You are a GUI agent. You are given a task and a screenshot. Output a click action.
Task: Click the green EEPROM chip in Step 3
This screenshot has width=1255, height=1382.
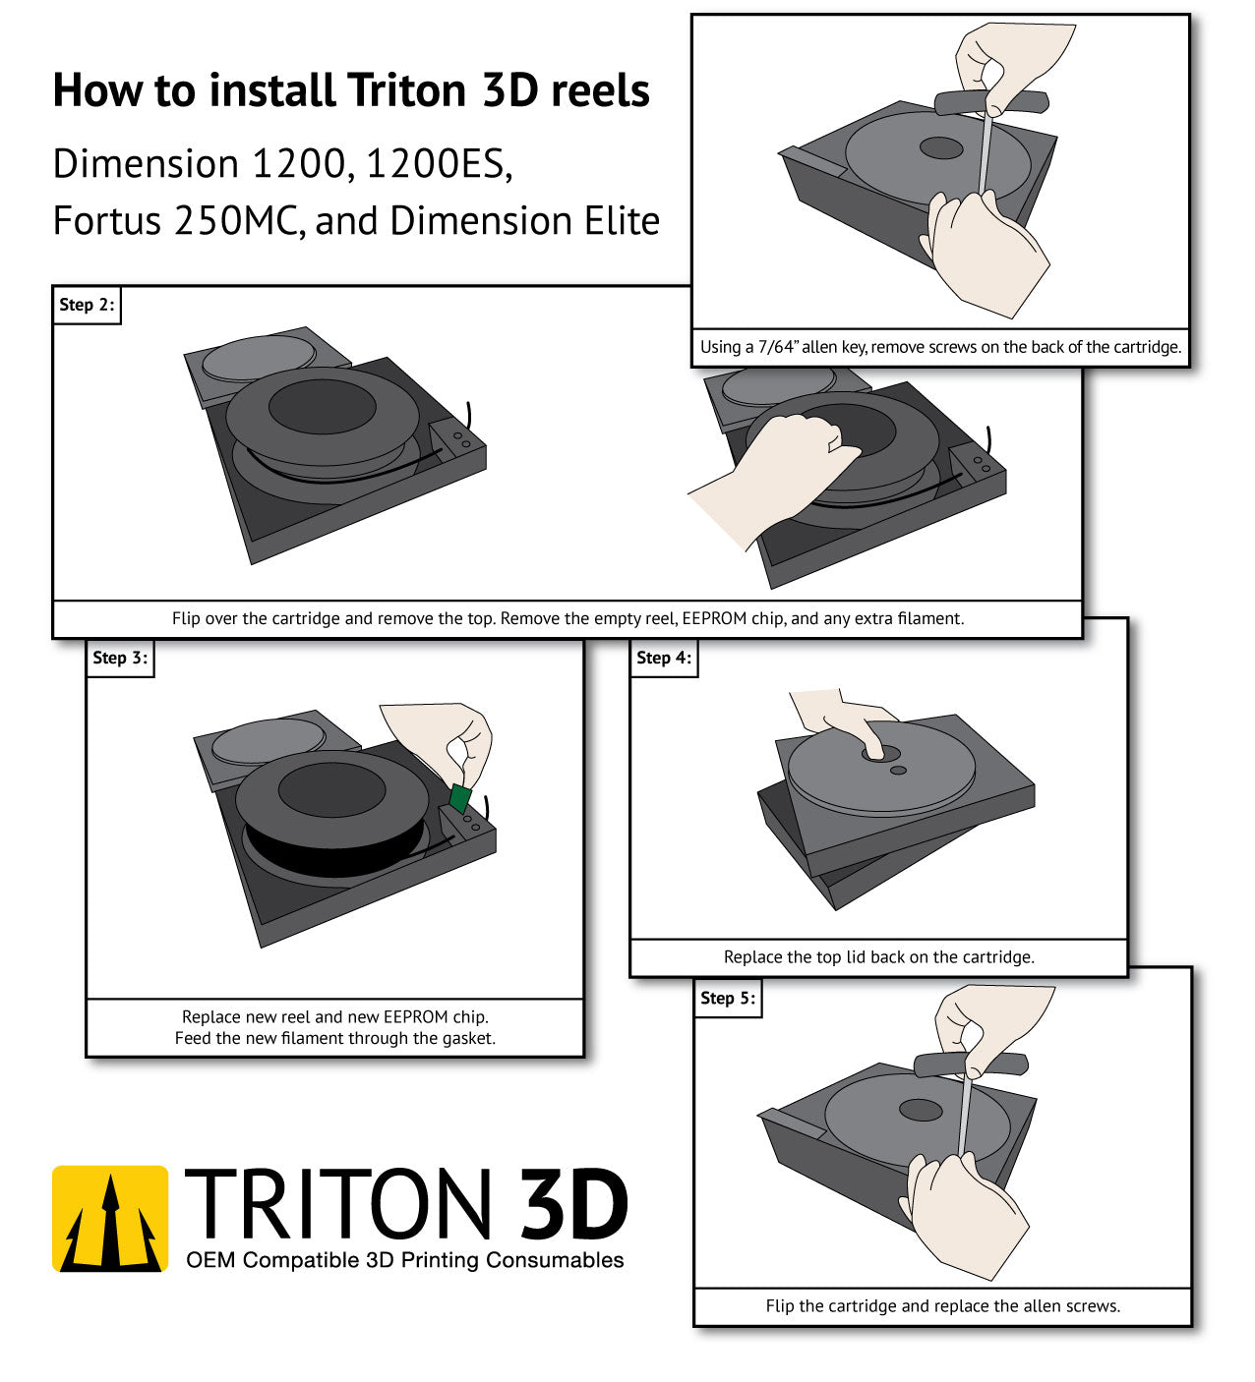(460, 798)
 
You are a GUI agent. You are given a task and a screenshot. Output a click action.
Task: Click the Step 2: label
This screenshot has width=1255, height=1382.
(87, 305)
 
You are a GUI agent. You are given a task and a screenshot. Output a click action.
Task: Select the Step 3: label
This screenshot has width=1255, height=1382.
(120, 658)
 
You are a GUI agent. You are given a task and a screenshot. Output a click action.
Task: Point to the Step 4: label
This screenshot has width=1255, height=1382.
(663, 658)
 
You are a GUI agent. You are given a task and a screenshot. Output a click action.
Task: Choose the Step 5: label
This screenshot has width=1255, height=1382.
(728, 999)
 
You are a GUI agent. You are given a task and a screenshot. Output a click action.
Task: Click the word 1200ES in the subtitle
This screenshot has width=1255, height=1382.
(439, 164)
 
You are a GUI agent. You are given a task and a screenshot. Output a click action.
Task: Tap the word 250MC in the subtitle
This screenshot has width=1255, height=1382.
(239, 221)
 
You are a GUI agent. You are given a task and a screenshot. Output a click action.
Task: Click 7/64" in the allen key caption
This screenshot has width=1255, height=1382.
(777, 347)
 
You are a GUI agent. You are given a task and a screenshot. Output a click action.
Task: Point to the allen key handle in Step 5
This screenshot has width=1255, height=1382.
(971, 1064)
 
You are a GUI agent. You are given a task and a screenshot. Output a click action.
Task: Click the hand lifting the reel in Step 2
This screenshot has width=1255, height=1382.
(772, 476)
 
